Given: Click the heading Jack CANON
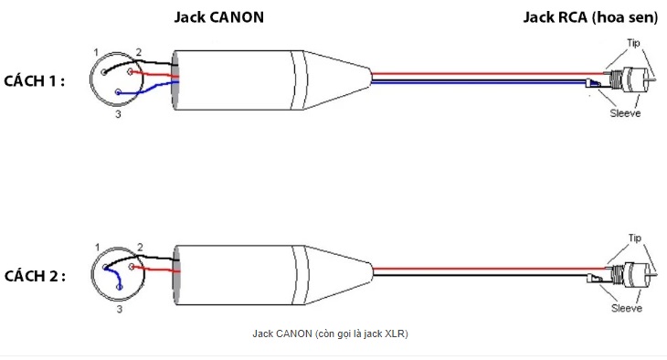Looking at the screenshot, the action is click(x=219, y=17).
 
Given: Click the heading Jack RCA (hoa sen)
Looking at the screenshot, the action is click(x=590, y=17).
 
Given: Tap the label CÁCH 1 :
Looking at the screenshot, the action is click(x=34, y=80).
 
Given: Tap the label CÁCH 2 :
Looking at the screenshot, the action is click(x=35, y=276).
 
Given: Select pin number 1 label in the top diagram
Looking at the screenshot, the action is click(x=96, y=52).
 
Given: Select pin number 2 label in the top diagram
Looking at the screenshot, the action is click(x=139, y=52).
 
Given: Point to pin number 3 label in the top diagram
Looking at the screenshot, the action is click(x=118, y=114).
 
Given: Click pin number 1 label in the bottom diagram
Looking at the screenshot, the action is click(x=98, y=248).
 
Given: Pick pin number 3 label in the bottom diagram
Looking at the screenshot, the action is click(x=120, y=309).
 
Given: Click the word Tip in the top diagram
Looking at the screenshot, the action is click(x=633, y=43).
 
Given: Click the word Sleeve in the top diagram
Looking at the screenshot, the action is click(x=625, y=113).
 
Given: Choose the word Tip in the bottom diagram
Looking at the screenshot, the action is click(x=635, y=238).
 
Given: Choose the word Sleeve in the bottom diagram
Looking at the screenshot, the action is click(x=627, y=308).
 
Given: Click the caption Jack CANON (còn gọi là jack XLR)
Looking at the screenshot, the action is click(x=330, y=334).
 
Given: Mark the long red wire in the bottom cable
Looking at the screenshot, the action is click(x=489, y=269).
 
